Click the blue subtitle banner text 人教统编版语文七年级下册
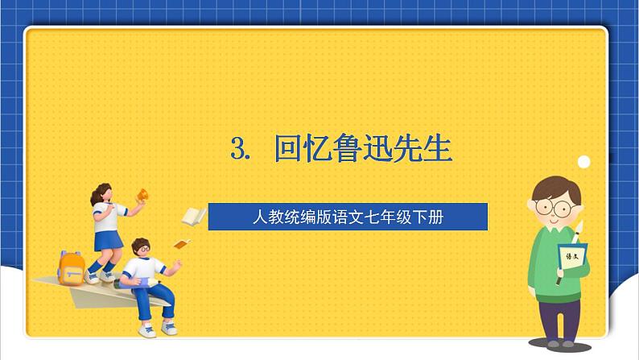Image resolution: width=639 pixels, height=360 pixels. tap(348, 217)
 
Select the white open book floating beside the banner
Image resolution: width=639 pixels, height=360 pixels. tap(193, 216)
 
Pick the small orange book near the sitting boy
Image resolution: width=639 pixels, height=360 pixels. tap(183, 244)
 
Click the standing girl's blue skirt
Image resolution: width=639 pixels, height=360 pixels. tap(106, 240)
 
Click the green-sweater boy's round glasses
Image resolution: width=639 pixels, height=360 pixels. tap(553, 207)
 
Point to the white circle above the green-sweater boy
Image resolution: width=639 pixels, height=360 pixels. tap(583, 162)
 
